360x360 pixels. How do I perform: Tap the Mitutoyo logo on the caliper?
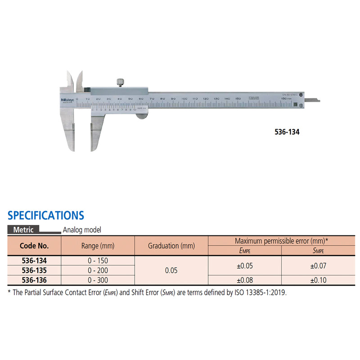pos(67,100)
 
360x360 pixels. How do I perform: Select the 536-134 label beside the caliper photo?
pos(287,133)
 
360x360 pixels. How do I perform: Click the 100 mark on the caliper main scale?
pos(184,98)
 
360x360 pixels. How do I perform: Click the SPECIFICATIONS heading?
pos(46,215)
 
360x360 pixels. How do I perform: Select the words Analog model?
pos(82,229)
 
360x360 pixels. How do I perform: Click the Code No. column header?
pos(34,246)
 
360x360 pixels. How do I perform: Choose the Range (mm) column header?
pos(98,246)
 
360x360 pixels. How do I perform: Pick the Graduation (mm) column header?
pos(171,246)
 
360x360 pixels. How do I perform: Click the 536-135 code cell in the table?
pos(34,270)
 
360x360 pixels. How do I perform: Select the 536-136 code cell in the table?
pos(34,279)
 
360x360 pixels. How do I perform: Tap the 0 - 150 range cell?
pos(98,261)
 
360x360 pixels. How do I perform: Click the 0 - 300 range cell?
pos(98,279)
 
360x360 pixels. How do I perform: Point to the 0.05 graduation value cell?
pos(171,270)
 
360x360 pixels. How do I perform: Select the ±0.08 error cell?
pos(244,279)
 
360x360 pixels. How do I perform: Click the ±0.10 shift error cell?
pos(318,279)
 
